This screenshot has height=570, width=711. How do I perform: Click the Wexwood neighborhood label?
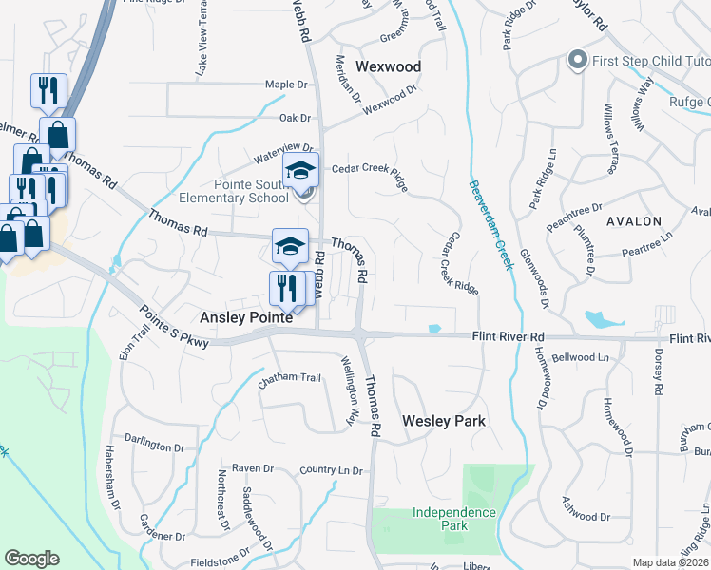pyautogui.click(x=388, y=66)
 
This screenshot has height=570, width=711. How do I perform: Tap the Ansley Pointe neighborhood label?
pyautogui.click(x=246, y=318)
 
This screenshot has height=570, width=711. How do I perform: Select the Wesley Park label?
pyautogui.click(x=443, y=421)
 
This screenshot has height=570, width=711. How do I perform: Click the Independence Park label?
pyautogui.click(x=454, y=519)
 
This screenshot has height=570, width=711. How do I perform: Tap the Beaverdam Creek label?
pyautogui.click(x=490, y=224)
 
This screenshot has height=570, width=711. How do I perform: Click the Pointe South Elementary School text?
pyautogui.click(x=234, y=191)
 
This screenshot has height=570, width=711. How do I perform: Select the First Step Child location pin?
pyautogui.click(x=576, y=61)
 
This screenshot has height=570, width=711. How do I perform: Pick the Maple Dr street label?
pyautogui.click(x=287, y=85)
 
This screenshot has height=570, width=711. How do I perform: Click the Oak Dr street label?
pyautogui.click(x=295, y=118)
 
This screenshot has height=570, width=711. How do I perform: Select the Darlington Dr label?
pyautogui.click(x=152, y=446)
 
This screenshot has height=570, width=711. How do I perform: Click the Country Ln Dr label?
pyautogui.click(x=331, y=469)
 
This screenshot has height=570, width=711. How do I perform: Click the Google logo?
pyautogui.click(x=31, y=560)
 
